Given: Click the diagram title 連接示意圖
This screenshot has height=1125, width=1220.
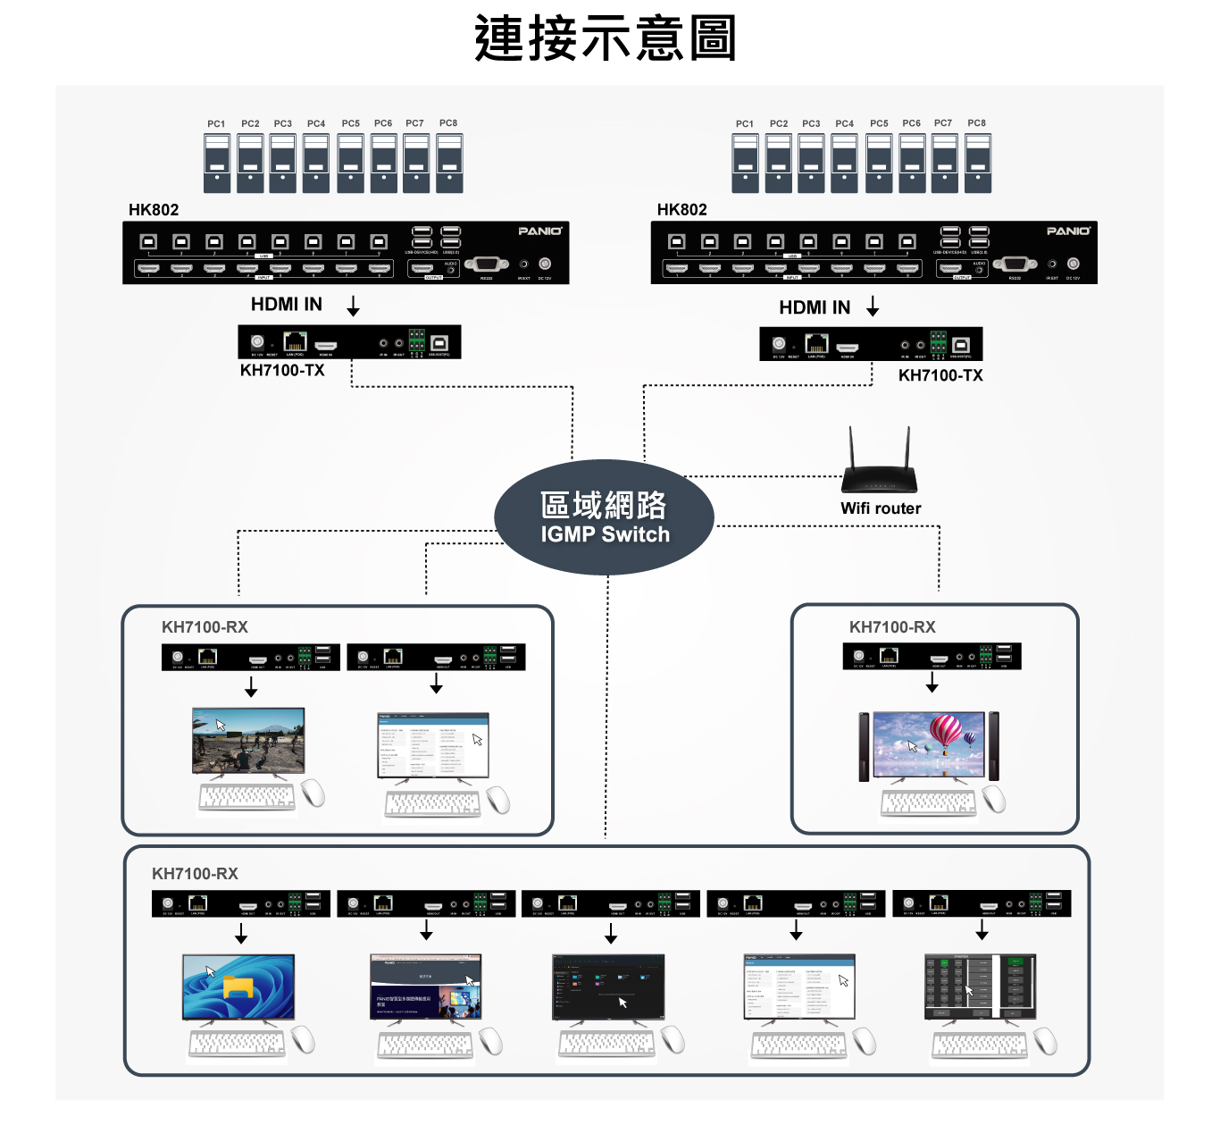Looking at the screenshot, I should coord(606,38).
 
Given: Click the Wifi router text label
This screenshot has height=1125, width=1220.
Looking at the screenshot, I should coord(881,508).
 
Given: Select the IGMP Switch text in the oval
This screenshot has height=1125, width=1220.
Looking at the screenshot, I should coord(605,534).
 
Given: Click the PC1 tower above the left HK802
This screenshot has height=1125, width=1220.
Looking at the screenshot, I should coord(217,164).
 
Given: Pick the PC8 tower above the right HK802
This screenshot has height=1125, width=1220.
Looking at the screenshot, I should coord(978,164).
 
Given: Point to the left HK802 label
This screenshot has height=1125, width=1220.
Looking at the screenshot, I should coord(154,210).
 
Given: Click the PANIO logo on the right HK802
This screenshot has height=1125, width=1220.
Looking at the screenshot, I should coord(1068,231).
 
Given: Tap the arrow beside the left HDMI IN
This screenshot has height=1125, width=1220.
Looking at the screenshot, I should coord(354,306).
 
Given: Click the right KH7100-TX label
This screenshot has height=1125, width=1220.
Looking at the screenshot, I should coord(940,375).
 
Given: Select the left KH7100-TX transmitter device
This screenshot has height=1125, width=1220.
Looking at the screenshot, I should coord(349,342).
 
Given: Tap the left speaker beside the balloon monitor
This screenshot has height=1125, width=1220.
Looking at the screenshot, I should coord(864,747).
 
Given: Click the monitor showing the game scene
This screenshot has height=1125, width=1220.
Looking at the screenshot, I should coord(248,740).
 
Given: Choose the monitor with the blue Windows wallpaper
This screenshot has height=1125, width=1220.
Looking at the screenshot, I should coord(238,986).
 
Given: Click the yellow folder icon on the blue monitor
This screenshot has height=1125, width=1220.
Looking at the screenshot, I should coord(238,987).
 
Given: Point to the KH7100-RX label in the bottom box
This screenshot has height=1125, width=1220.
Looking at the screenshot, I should coord(195,874).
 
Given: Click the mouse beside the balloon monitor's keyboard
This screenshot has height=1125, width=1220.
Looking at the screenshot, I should coord(994,799).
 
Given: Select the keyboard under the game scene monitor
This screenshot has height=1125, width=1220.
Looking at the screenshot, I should coord(247,798).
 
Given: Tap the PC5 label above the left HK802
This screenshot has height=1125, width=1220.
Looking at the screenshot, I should coord(351,123).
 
